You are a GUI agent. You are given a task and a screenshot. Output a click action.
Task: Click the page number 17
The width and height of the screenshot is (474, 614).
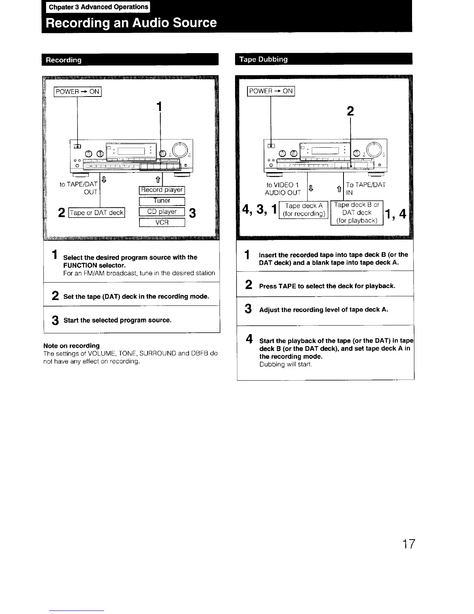point(408,544)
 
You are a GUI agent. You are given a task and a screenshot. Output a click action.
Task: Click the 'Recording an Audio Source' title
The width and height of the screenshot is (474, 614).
point(131,22)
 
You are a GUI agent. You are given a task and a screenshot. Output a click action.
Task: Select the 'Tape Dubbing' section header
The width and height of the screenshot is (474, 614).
point(263,59)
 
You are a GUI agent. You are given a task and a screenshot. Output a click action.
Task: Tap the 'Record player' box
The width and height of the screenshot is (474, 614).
point(162,190)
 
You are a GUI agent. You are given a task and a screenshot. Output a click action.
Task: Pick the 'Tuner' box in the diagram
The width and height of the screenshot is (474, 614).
point(162,201)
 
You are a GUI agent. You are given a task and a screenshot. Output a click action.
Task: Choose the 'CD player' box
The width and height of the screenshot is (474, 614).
point(162,212)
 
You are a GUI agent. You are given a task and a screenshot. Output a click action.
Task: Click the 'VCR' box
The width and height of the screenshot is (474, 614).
point(162,222)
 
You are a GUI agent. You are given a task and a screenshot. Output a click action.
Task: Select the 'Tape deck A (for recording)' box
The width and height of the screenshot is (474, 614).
point(304,210)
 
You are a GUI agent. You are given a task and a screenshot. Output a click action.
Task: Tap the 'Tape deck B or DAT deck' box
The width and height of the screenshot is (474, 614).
point(357,213)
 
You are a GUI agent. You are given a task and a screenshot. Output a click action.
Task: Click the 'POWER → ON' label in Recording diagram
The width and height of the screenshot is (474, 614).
point(77,91)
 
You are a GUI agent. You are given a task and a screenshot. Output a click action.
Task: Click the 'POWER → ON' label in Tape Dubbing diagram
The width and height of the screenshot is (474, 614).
point(271,91)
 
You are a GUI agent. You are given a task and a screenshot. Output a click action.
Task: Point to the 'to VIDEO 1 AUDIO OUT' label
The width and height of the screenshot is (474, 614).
point(283,189)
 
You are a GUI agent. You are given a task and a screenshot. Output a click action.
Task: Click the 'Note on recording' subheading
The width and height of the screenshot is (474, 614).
point(72,345)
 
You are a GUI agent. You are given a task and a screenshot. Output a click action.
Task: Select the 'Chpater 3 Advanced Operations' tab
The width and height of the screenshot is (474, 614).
point(98,7)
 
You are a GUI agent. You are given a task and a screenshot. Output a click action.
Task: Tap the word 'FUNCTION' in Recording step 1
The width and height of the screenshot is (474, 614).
point(80,265)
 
